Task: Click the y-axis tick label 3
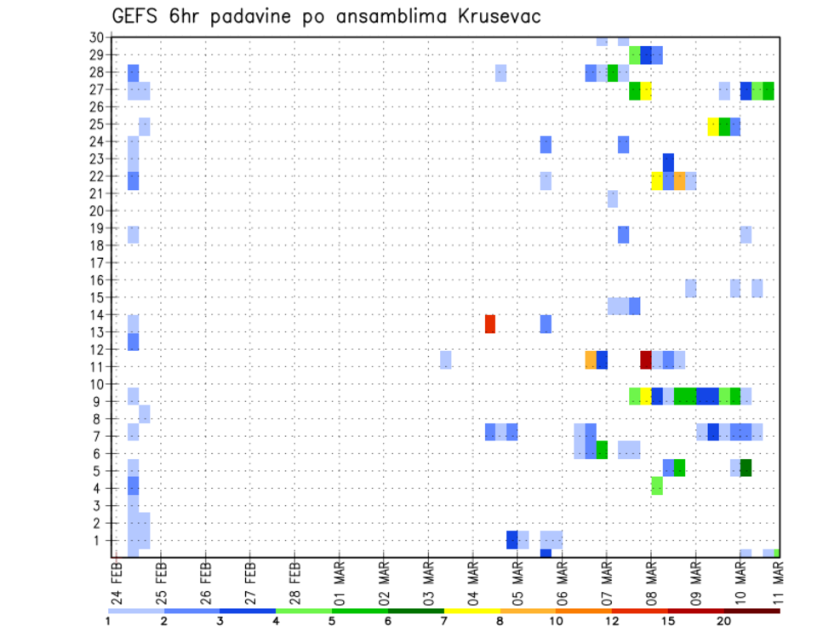tap(100, 506)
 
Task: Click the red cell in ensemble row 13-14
tap(490, 324)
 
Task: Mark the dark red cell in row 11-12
tap(646, 359)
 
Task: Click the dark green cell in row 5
tap(746, 468)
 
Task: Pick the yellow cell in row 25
tap(713, 126)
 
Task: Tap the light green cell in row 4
tap(657, 485)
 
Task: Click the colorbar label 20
tap(723, 622)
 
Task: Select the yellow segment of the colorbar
tap(471, 611)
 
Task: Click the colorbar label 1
tap(108, 622)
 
